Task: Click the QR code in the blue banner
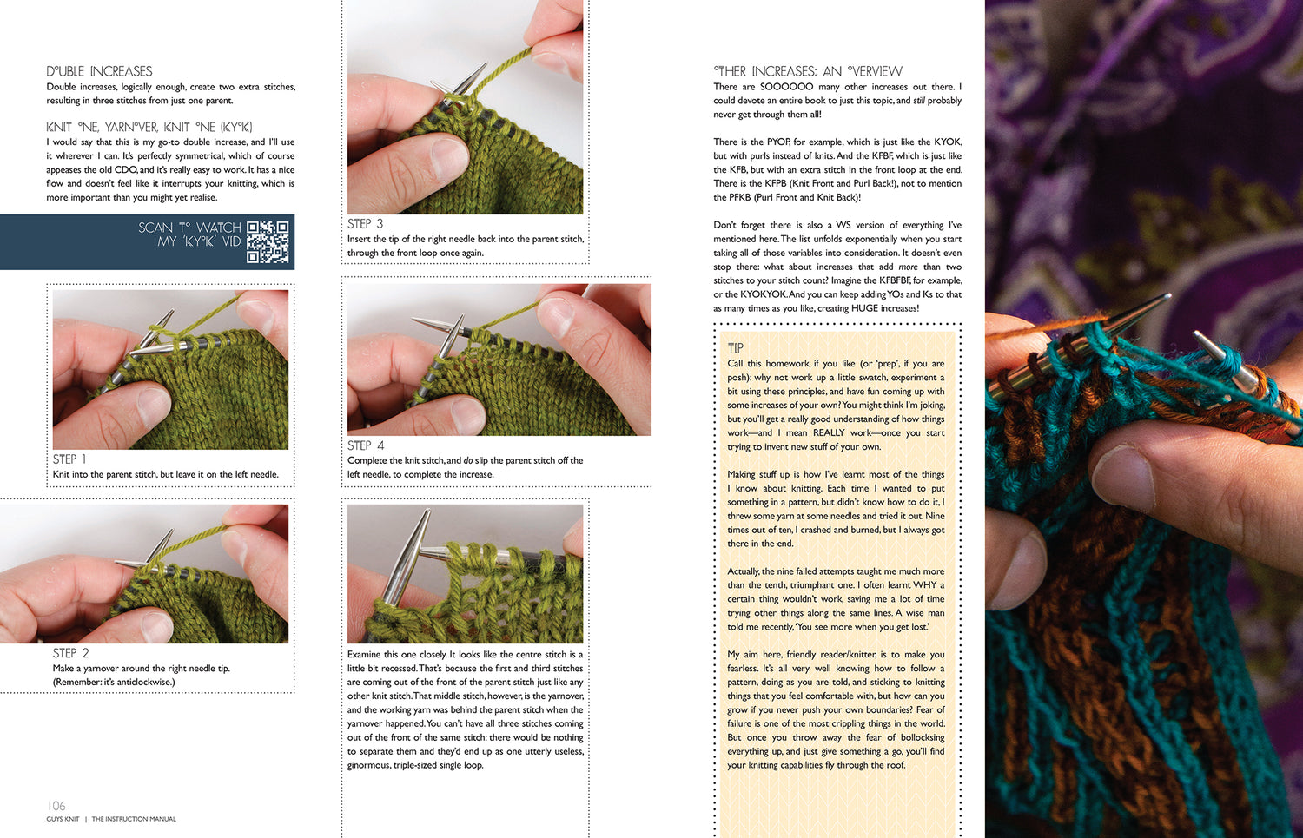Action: pyautogui.click(x=268, y=241)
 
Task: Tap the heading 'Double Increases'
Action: pyautogui.click(x=99, y=71)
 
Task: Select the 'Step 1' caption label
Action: pyautogui.click(x=69, y=459)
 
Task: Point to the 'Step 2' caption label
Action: pyautogui.click(x=70, y=653)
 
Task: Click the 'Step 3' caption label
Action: pyautogui.click(x=365, y=223)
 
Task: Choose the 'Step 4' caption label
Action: pyautogui.click(x=366, y=445)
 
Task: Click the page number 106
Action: pyautogui.click(x=56, y=806)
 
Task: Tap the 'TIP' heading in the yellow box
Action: pyautogui.click(x=736, y=348)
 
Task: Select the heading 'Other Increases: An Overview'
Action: pyautogui.click(x=807, y=71)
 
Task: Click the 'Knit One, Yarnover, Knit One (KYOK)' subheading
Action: pyautogui.click(x=149, y=127)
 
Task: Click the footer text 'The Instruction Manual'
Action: pyautogui.click(x=134, y=819)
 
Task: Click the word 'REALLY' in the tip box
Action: pyautogui.click(x=828, y=432)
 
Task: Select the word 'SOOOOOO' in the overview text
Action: pyautogui.click(x=786, y=87)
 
